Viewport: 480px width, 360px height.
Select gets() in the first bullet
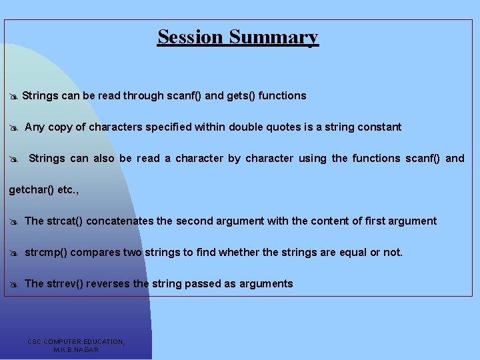241,96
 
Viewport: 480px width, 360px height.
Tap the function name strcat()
65,221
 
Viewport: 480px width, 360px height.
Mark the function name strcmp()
46,253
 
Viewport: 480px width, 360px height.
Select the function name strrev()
65,284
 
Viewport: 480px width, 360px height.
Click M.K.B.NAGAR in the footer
76,349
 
